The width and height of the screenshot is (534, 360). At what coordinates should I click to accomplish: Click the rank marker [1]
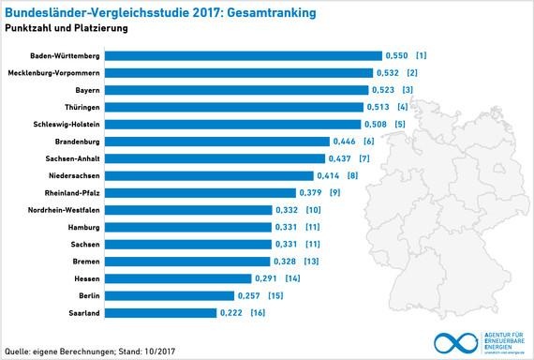point(423,55)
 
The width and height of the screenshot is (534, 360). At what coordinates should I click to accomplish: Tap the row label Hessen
point(87,278)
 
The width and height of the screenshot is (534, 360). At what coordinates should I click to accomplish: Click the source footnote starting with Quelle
point(91,352)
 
